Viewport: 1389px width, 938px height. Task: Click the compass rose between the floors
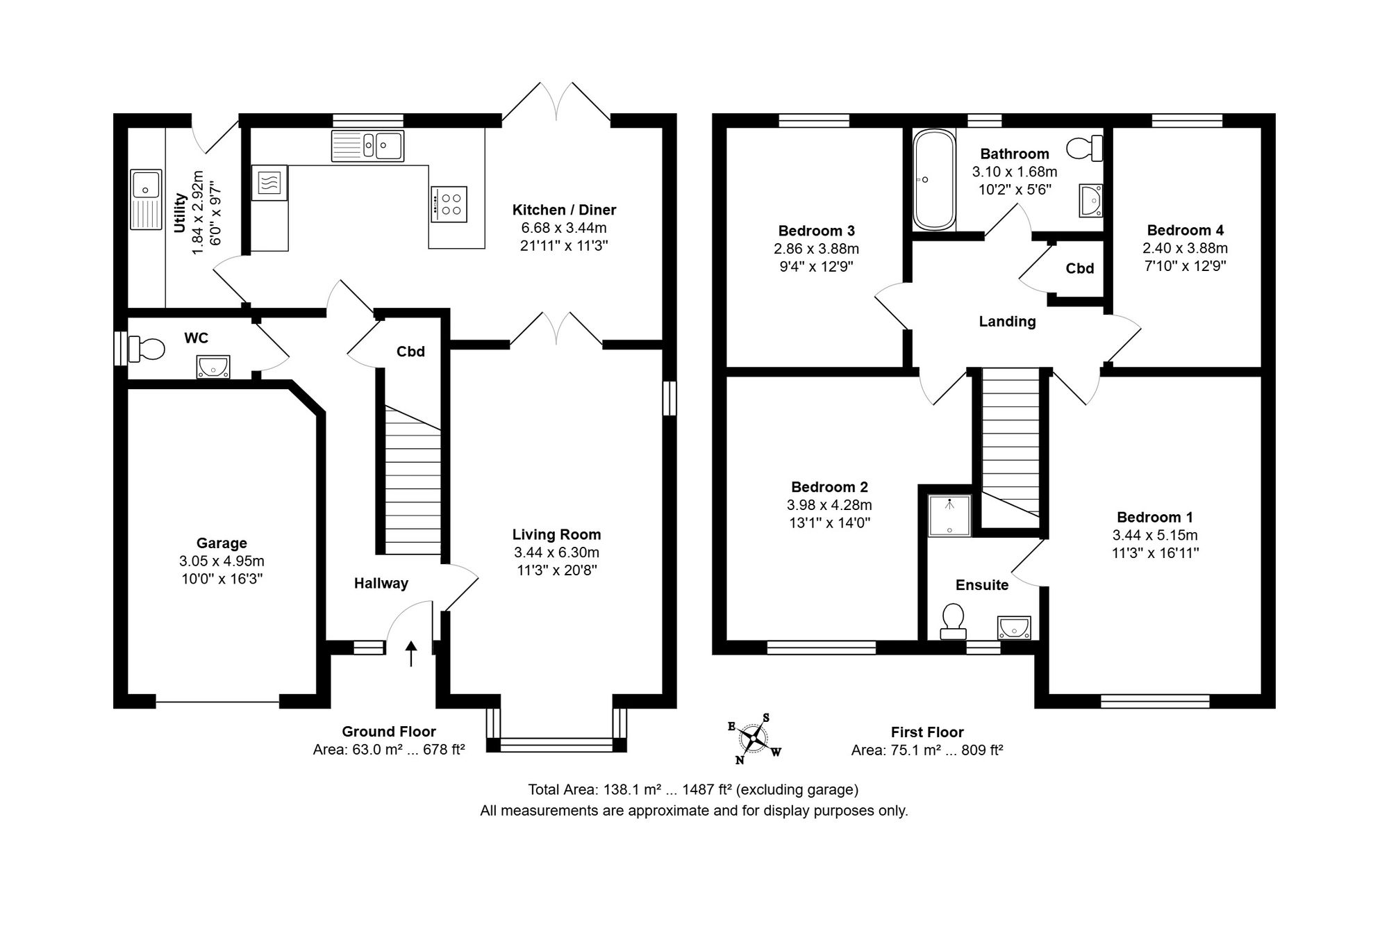point(754,738)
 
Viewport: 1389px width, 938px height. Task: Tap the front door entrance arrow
point(411,654)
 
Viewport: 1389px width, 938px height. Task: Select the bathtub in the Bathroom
point(933,179)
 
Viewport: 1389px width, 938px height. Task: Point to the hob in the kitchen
point(449,204)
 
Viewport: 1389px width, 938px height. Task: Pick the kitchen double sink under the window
point(367,146)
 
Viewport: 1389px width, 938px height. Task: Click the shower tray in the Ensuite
point(949,516)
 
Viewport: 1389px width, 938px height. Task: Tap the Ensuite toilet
point(952,621)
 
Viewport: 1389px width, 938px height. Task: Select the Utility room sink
point(146,199)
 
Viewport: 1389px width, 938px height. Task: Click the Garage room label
point(222,543)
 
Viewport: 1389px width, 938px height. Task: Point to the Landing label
point(1007,322)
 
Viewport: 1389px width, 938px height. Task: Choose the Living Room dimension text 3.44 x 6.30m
point(556,552)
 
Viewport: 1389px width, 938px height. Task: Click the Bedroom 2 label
point(829,487)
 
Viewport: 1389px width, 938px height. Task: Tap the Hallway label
point(381,584)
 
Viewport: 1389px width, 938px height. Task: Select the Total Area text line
point(693,789)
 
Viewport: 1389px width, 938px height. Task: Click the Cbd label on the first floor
point(1080,269)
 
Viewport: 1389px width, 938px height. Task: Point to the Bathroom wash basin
point(1090,200)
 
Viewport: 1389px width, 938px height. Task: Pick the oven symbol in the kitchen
point(269,183)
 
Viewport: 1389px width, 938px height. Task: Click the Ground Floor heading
point(388,732)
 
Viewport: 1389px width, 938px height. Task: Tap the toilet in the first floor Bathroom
point(1084,148)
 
